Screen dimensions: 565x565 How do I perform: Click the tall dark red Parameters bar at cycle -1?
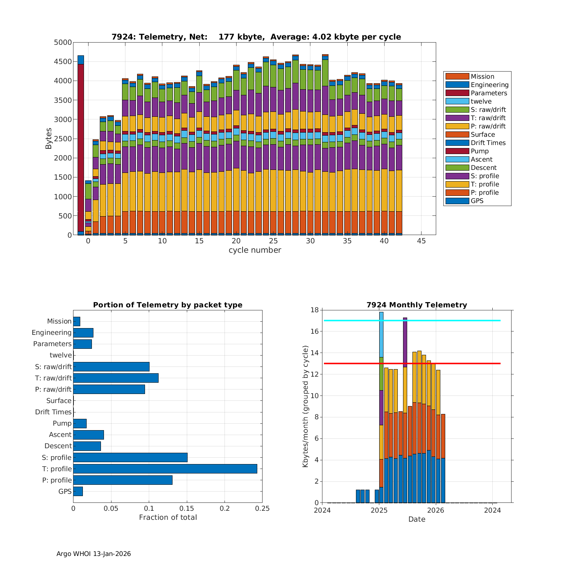[81, 147]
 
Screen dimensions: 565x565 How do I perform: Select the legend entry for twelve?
[481, 101]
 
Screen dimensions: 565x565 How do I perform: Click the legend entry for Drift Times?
[488, 143]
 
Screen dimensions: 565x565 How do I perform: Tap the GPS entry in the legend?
[477, 201]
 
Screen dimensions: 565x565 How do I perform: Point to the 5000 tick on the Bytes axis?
[63, 43]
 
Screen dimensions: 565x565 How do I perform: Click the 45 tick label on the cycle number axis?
[421, 241]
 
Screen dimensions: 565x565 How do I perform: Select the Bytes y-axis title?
[49, 139]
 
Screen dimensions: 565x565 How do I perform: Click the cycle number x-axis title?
[255, 250]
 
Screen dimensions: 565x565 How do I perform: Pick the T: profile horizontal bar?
[165, 469]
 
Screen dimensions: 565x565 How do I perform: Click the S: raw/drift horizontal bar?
[111, 366]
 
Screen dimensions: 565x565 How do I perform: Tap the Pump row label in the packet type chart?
[62, 423]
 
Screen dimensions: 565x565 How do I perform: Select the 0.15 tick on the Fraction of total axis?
[187, 508]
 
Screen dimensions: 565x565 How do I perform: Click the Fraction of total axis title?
[168, 518]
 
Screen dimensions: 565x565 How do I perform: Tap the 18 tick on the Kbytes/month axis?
[315, 310]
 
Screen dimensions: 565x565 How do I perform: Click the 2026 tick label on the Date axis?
[436, 510]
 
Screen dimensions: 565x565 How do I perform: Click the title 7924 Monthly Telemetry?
[417, 305]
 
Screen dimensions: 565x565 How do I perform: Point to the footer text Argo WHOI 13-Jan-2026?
[93, 554]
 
